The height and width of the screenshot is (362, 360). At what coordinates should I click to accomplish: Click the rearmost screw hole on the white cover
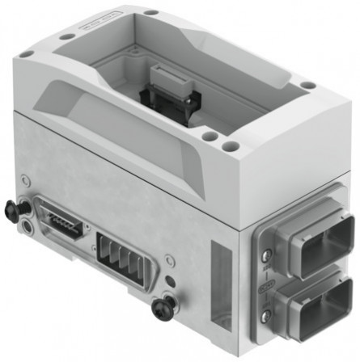(x=150, y=12)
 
